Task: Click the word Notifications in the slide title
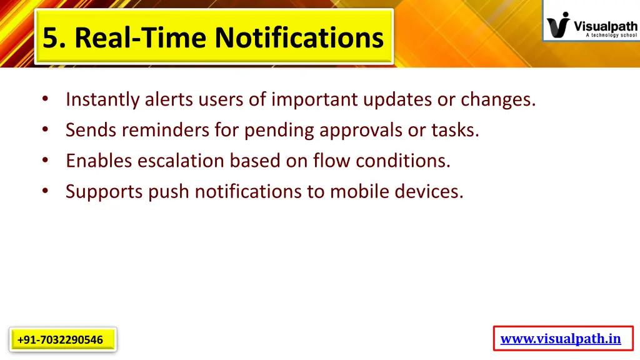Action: (x=299, y=37)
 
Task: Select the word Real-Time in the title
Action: (x=142, y=37)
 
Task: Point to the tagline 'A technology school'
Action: (x=611, y=36)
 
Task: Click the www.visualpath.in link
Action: (x=561, y=339)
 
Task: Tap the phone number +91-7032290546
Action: (x=61, y=340)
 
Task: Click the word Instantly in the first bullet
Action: (x=103, y=99)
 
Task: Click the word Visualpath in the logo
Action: (x=605, y=26)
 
